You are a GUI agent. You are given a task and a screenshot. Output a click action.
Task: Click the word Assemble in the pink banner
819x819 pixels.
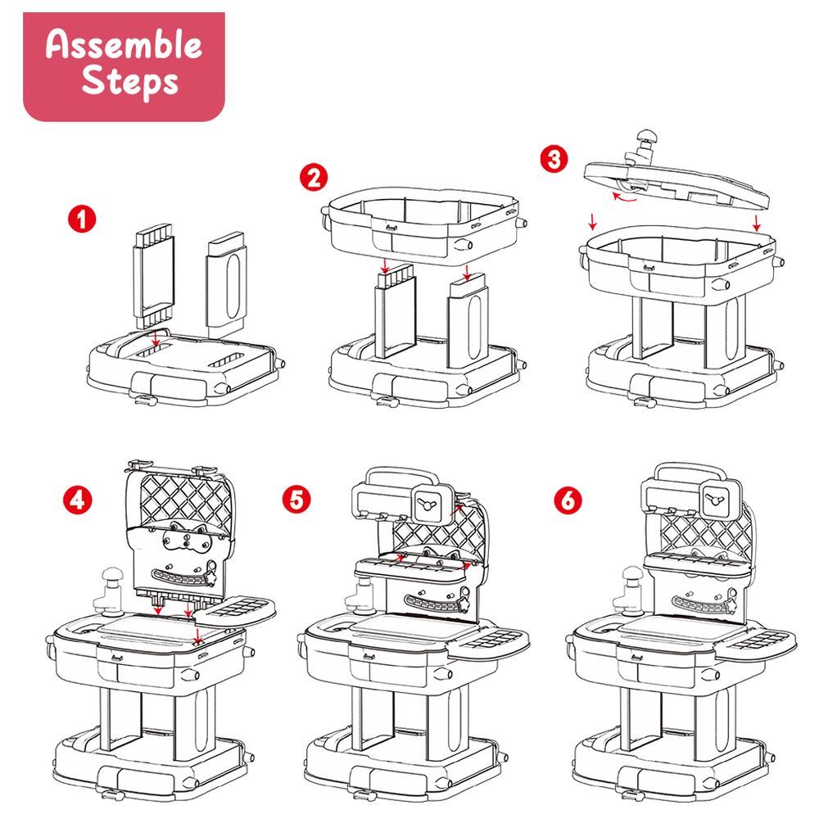[x=124, y=44]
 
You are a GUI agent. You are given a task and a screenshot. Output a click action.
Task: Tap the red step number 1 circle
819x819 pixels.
[x=82, y=219]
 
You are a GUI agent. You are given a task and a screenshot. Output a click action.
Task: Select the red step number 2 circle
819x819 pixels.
[x=314, y=178]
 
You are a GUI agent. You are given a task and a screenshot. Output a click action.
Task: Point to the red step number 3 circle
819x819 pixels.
[x=554, y=159]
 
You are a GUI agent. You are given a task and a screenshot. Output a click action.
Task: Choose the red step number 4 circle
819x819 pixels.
[x=77, y=500]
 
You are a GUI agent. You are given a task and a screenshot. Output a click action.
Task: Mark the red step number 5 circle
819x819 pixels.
[x=296, y=500]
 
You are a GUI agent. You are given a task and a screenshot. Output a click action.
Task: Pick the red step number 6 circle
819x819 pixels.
[x=568, y=500]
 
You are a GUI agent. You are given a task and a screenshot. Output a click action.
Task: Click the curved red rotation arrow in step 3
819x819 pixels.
[x=623, y=197]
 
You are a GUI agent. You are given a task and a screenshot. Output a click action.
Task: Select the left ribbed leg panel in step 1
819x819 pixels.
[x=154, y=277]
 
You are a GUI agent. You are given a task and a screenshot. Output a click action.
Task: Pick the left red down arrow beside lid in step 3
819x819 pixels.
[x=592, y=221]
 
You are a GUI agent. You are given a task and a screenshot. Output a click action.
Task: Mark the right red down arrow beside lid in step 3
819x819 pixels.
[x=757, y=223]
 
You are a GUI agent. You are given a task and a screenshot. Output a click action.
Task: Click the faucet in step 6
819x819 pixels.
[x=632, y=591]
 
